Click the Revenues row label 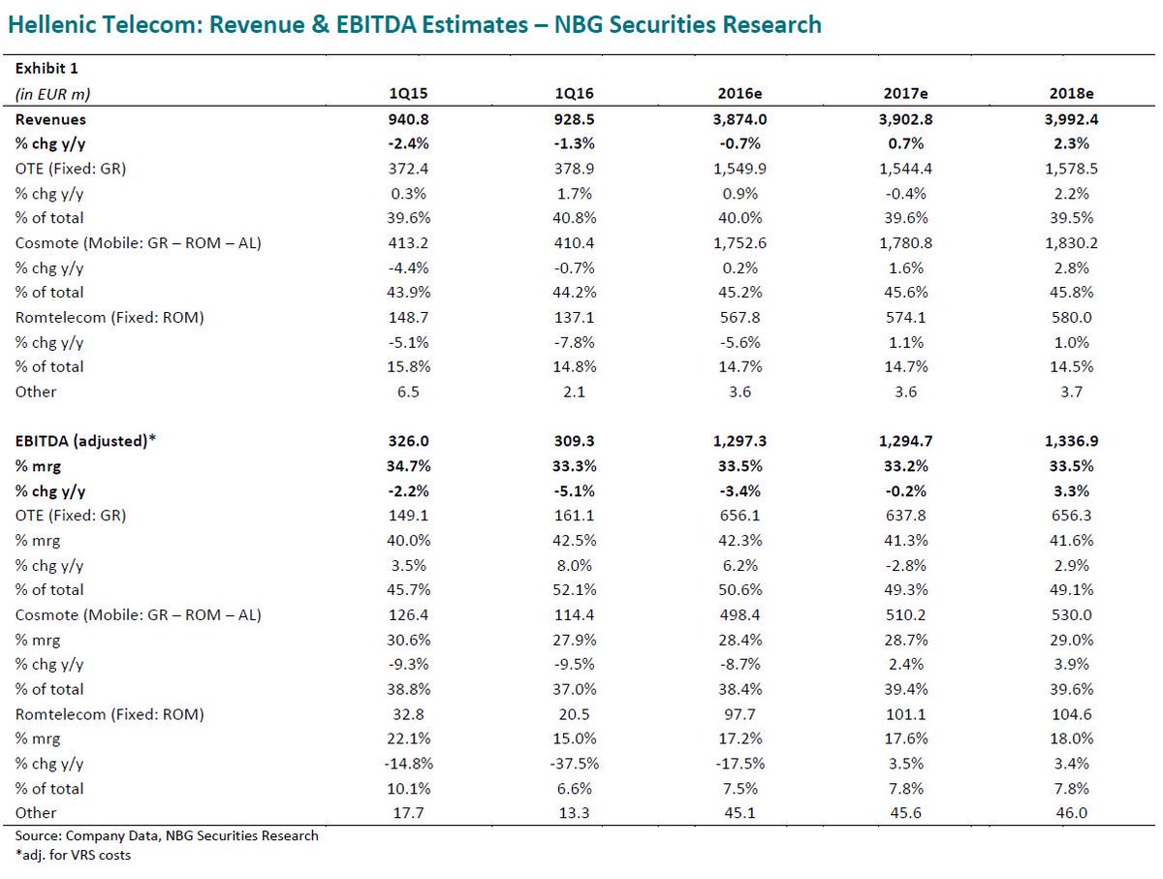[x=50, y=119]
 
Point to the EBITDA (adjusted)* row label [x=85, y=441]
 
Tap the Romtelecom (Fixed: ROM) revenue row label [x=109, y=317]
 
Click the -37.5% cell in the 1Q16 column [x=575, y=763]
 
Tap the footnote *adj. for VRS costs [x=73, y=855]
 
